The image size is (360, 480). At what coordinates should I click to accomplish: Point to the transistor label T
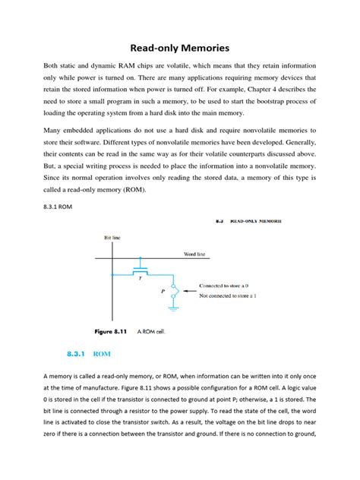(140, 278)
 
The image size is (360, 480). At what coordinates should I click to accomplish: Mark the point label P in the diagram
(163, 290)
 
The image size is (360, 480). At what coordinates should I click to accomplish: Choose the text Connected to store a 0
(230, 286)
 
